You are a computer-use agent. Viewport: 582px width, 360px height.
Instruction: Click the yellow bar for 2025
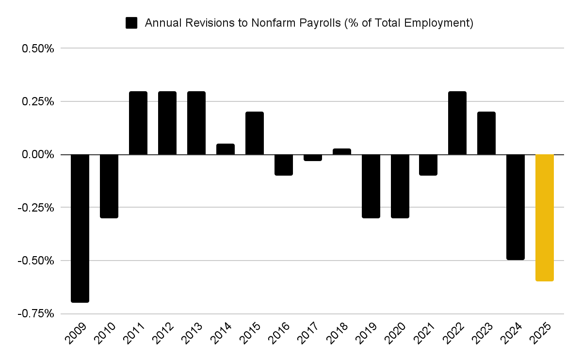point(544,217)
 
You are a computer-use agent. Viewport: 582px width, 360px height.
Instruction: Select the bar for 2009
point(80,228)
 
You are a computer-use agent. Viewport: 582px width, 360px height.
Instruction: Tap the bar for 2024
point(516,207)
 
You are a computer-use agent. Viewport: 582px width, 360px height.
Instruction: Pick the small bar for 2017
point(313,158)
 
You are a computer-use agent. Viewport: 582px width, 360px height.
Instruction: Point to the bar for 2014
point(226,149)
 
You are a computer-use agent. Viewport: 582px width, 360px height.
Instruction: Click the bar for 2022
point(457,123)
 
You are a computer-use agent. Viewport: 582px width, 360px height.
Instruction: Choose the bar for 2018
point(342,152)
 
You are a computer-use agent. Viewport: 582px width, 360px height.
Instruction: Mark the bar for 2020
point(400,186)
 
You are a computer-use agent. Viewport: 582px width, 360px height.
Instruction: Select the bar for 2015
point(255,133)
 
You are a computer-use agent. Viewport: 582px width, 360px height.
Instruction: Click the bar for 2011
point(138,123)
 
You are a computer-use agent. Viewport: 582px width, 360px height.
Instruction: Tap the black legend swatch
point(131,23)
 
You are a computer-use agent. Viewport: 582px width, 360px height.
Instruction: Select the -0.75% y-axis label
point(36,314)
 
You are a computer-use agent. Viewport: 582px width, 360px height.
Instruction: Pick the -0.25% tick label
point(36,208)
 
